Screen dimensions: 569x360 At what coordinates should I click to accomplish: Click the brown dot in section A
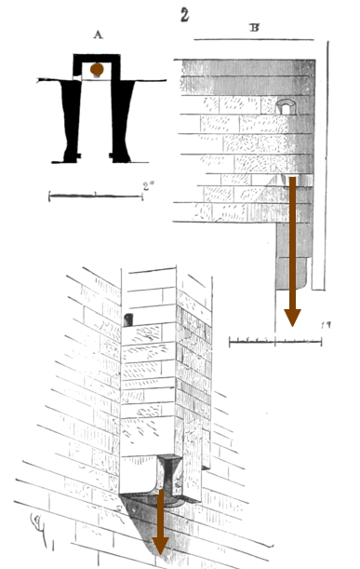97,70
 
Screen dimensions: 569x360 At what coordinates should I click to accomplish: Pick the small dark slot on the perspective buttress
128,319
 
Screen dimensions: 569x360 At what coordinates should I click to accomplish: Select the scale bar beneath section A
93,196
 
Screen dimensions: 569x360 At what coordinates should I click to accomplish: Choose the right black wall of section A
123,116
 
